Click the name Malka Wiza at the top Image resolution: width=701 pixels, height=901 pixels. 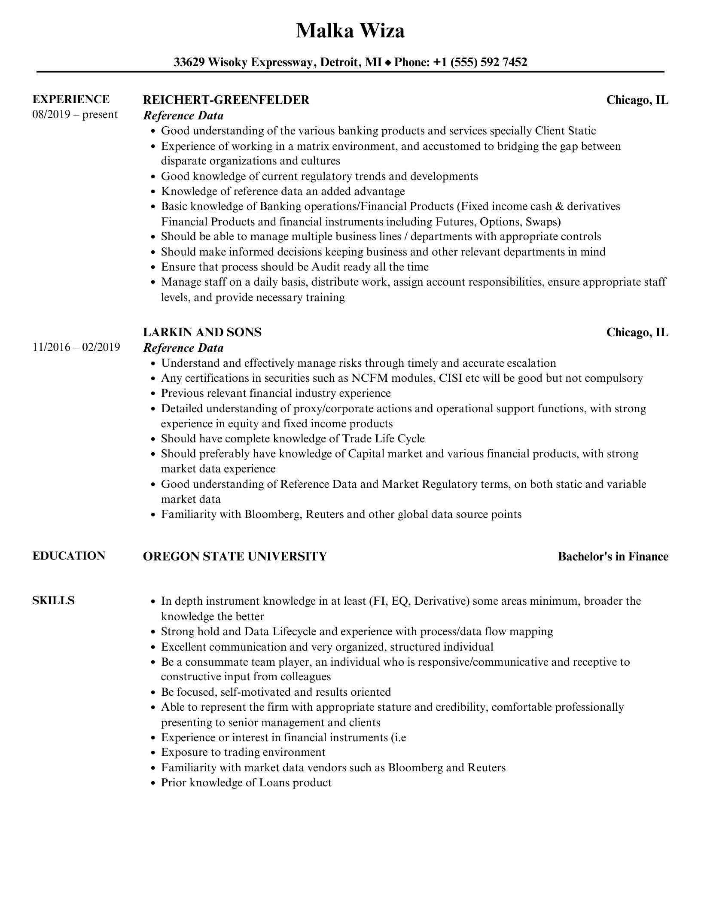pyautogui.click(x=350, y=31)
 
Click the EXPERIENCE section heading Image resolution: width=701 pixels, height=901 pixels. pyautogui.click(x=71, y=99)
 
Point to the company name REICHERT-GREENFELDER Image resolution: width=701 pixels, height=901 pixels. pyautogui.click(x=226, y=100)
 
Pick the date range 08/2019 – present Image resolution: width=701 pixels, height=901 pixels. pyautogui.click(x=75, y=115)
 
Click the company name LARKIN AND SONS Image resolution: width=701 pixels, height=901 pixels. pyautogui.click(x=202, y=332)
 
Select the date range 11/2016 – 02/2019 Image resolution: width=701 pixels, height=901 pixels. pyautogui.click(x=76, y=347)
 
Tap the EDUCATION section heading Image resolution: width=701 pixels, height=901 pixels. pyautogui.click(x=69, y=556)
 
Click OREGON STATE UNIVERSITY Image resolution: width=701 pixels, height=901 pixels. pyautogui.click(x=235, y=557)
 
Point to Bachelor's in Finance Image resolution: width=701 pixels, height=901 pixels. pyautogui.click(x=613, y=557)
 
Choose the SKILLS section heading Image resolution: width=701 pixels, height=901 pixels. pyautogui.click(x=53, y=600)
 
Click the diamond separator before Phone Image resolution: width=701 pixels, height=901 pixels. pyautogui.click(x=388, y=63)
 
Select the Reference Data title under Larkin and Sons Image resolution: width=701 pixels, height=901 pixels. pyautogui.click(x=183, y=348)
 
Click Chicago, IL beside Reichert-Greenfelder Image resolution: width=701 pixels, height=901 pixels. pyautogui.click(x=637, y=100)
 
